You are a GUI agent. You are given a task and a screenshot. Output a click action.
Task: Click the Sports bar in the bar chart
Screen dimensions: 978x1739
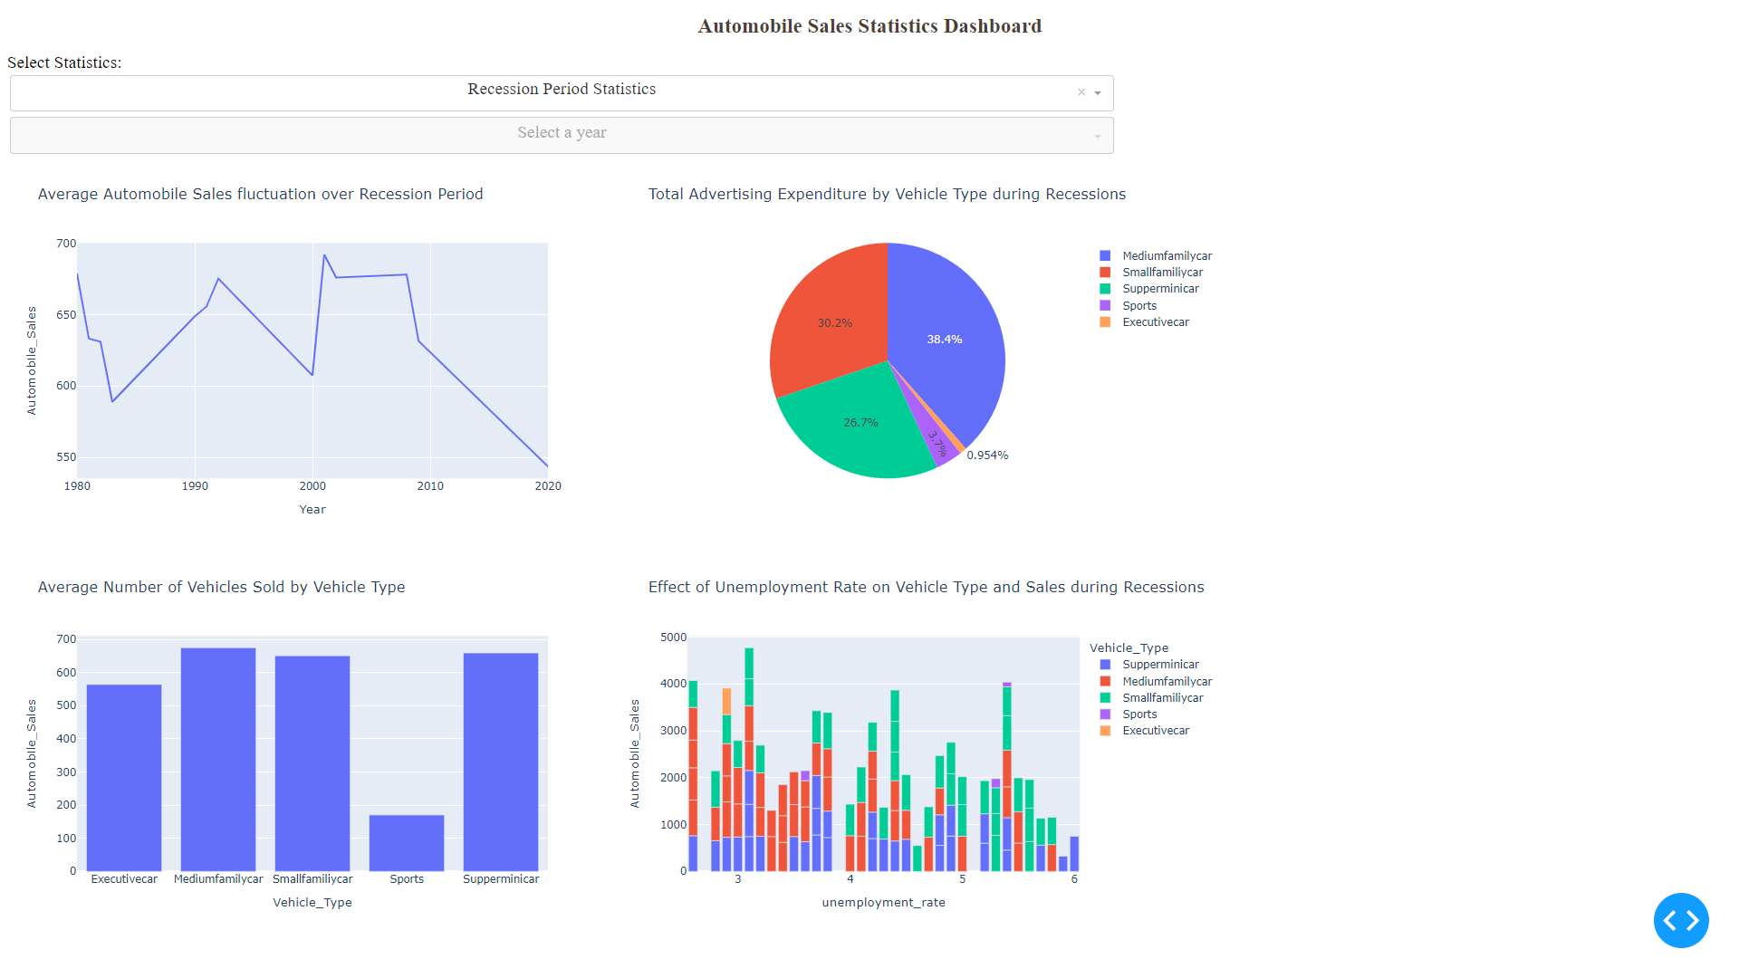tap(407, 843)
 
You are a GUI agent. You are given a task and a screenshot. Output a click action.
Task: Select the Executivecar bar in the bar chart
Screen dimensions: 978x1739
tap(124, 778)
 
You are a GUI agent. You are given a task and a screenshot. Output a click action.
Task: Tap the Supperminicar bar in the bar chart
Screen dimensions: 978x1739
tap(501, 762)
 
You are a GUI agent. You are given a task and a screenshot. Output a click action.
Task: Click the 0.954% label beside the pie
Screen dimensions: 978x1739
tap(987, 455)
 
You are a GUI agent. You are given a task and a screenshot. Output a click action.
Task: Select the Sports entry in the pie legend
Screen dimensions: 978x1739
tap(1139, 306)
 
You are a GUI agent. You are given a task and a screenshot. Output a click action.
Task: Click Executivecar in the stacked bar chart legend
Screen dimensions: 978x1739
tap(1155, 731)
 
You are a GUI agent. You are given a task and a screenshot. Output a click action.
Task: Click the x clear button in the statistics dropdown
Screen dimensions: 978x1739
tap(1081, 92)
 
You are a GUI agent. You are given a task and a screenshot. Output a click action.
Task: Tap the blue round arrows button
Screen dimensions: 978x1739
tap(1680, 920)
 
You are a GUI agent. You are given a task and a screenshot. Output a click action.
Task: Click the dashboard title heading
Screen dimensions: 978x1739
tap(869, 26)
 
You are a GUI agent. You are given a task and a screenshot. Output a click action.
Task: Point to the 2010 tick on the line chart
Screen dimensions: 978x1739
tap(430, 486)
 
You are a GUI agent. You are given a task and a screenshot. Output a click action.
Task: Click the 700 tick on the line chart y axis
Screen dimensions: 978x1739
tap(66, 244)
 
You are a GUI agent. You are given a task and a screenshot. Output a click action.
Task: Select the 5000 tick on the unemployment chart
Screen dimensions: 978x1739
tap(673, 638)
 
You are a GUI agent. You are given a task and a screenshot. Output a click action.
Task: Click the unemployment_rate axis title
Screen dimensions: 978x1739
tap(883, 903)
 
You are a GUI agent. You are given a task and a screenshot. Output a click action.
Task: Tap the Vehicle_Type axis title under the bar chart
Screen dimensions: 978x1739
tap(312, 903)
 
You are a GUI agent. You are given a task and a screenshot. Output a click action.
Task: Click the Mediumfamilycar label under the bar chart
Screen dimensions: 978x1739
tap(218, 879)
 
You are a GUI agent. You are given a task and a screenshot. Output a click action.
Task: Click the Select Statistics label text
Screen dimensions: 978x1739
tap(64, 62)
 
